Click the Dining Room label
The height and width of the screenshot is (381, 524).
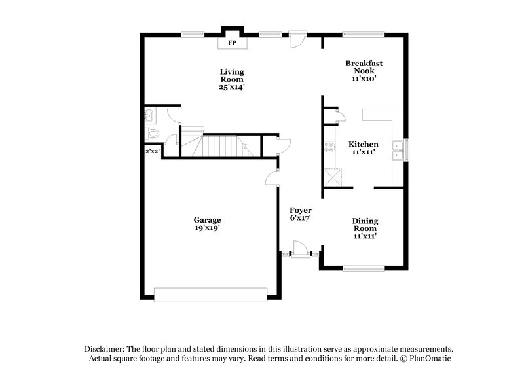365,225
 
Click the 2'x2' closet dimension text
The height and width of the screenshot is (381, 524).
152,151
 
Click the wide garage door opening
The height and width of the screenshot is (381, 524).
211,294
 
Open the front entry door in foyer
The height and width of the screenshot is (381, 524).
299,249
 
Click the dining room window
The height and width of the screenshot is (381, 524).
364,268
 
